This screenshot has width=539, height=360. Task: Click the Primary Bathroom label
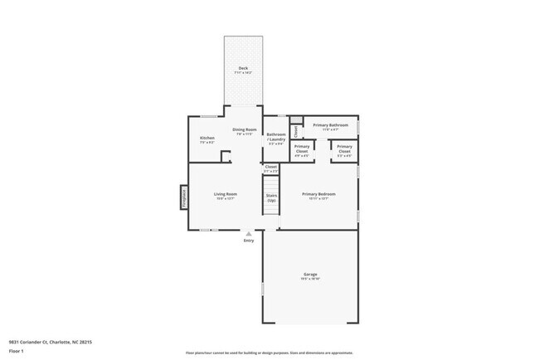330,125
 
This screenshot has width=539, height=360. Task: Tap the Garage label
310,275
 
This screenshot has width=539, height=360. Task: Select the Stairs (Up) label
271,198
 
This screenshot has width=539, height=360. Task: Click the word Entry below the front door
248,241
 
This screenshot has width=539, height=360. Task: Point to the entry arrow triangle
248,234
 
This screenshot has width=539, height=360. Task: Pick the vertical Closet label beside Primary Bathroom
295,130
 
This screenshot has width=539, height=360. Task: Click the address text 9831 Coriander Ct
50,341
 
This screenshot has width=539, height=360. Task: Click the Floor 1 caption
16,351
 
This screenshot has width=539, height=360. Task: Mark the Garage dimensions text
310,279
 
